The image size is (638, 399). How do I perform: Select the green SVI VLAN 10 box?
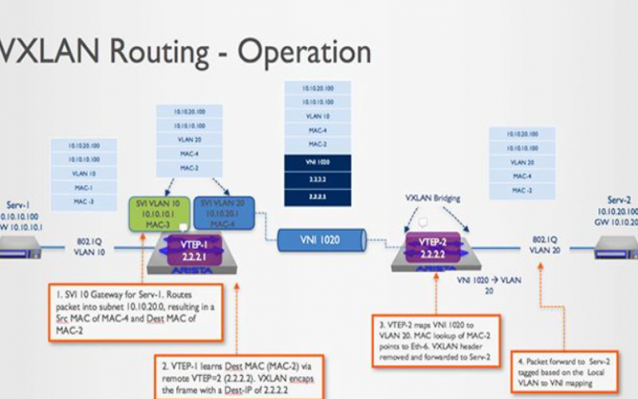pyautogui.click(x=159, y=212)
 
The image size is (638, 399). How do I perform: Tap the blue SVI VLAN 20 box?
pyautogui.click(x=224, y=212)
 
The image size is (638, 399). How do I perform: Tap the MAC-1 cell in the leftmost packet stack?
pyautogui.click(x=83, y=188)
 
